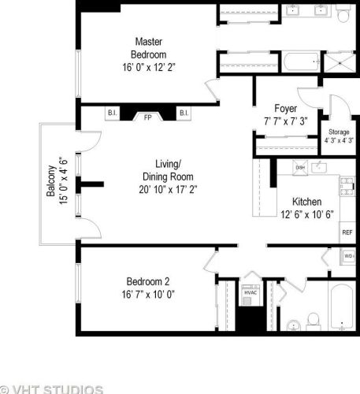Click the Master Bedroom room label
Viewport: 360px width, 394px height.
pos(148,48)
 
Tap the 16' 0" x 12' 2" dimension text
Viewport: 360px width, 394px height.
pos(148,67)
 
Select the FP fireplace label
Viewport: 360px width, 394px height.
pos(147,117)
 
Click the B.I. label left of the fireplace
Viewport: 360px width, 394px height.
pos(111,113)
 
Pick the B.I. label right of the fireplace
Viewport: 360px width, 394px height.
pos(183,113)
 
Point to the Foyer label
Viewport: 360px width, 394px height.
pos(285,108)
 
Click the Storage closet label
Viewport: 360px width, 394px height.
pos(339,132)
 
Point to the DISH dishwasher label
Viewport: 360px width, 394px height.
pos(300,168)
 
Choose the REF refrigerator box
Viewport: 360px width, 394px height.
pos(347,232)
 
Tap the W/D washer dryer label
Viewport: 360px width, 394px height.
pos(348,256)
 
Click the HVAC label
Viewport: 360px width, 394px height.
pos(251,292)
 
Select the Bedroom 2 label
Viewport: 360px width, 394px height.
pos(148,281)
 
